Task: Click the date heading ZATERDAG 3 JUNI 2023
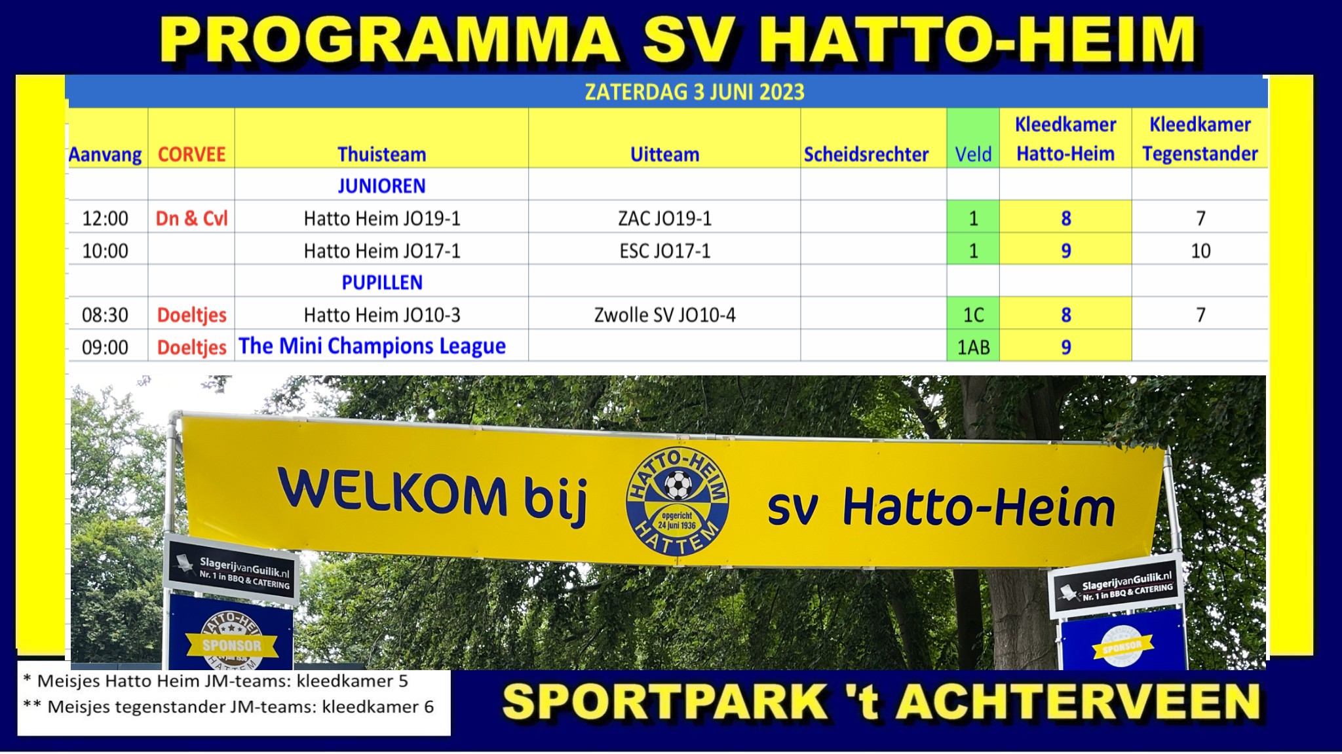[x=695, y=92]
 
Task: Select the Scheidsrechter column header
[x=866, y=155]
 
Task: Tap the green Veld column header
[x=973, y=155]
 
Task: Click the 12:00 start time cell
[x=105, y=218]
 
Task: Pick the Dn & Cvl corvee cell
[x=191, y=218]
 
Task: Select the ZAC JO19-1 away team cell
[x=664, y=218]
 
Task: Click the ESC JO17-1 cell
[x=664, y=251]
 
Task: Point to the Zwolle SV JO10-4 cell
[x=664, y=315]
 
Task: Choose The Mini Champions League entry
[x=372, y=346]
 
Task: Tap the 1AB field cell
[x=973, y=347]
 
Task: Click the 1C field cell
[x=973, y=315]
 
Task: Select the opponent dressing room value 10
[x=1200, y=251]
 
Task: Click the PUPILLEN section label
[x=382, y=282]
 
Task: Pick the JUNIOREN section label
[x=382, y=186]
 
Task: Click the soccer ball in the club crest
[x=678, y=485]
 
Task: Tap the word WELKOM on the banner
[x=393, y=491]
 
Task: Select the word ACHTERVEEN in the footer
[x=1078, y=702]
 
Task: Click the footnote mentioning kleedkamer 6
[x=228, y=707]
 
